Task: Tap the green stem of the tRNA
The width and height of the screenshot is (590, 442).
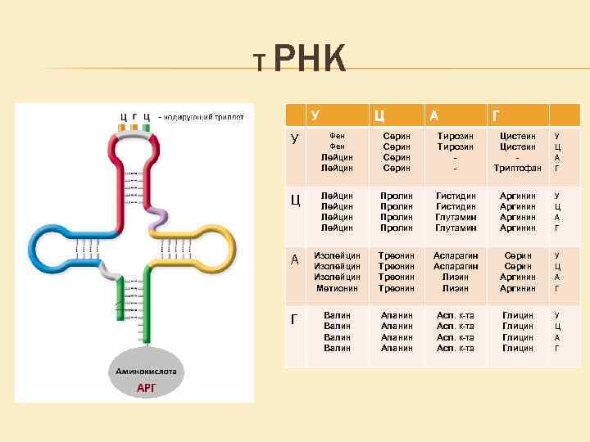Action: (134, 311)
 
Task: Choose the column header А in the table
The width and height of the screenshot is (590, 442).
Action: (439, 115)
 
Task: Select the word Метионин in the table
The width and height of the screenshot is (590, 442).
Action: (337, 288)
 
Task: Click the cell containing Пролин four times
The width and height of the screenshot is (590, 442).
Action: (397, 212)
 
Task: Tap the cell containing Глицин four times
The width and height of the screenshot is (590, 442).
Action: (518, 331)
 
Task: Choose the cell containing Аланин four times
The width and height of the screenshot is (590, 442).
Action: (397, 331)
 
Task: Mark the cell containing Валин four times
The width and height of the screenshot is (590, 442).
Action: (337, 331)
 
